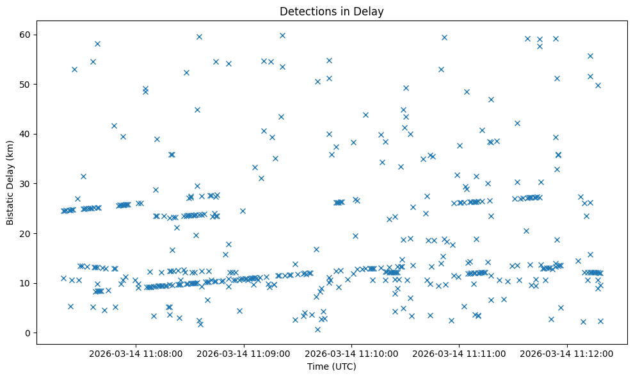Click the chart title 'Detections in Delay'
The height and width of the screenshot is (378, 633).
coord(332,11)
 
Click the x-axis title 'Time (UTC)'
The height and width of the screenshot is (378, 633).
coord(332,366)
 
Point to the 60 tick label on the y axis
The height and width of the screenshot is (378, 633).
coord(22,35)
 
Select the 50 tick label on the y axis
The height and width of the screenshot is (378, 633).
coord(22,85)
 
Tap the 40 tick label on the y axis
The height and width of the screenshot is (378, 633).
coord(22,134)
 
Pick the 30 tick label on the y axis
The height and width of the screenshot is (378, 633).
coord(22,184)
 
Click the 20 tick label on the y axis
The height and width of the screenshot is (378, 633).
coord(22,233)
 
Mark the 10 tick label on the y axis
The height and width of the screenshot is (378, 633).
coord(22,283)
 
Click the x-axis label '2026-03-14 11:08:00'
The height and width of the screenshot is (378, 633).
coord(136,353)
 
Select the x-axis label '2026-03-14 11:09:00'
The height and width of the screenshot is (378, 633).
coord(244,353)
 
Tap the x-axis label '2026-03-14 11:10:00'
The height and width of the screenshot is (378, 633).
coord(351,353)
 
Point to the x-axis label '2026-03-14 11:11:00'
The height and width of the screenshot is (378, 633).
coord(460,353)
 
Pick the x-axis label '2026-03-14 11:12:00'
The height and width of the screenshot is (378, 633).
coord(567,353)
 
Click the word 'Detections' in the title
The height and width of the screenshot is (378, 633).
coord(305,11)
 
